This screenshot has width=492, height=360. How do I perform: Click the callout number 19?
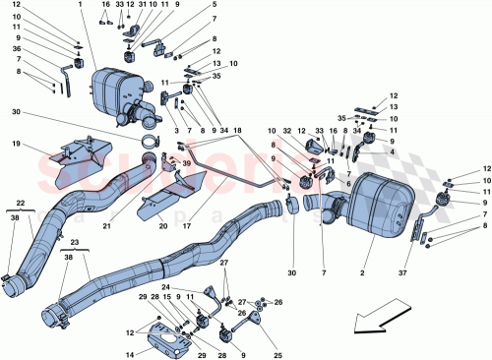(x=16, y=145)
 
